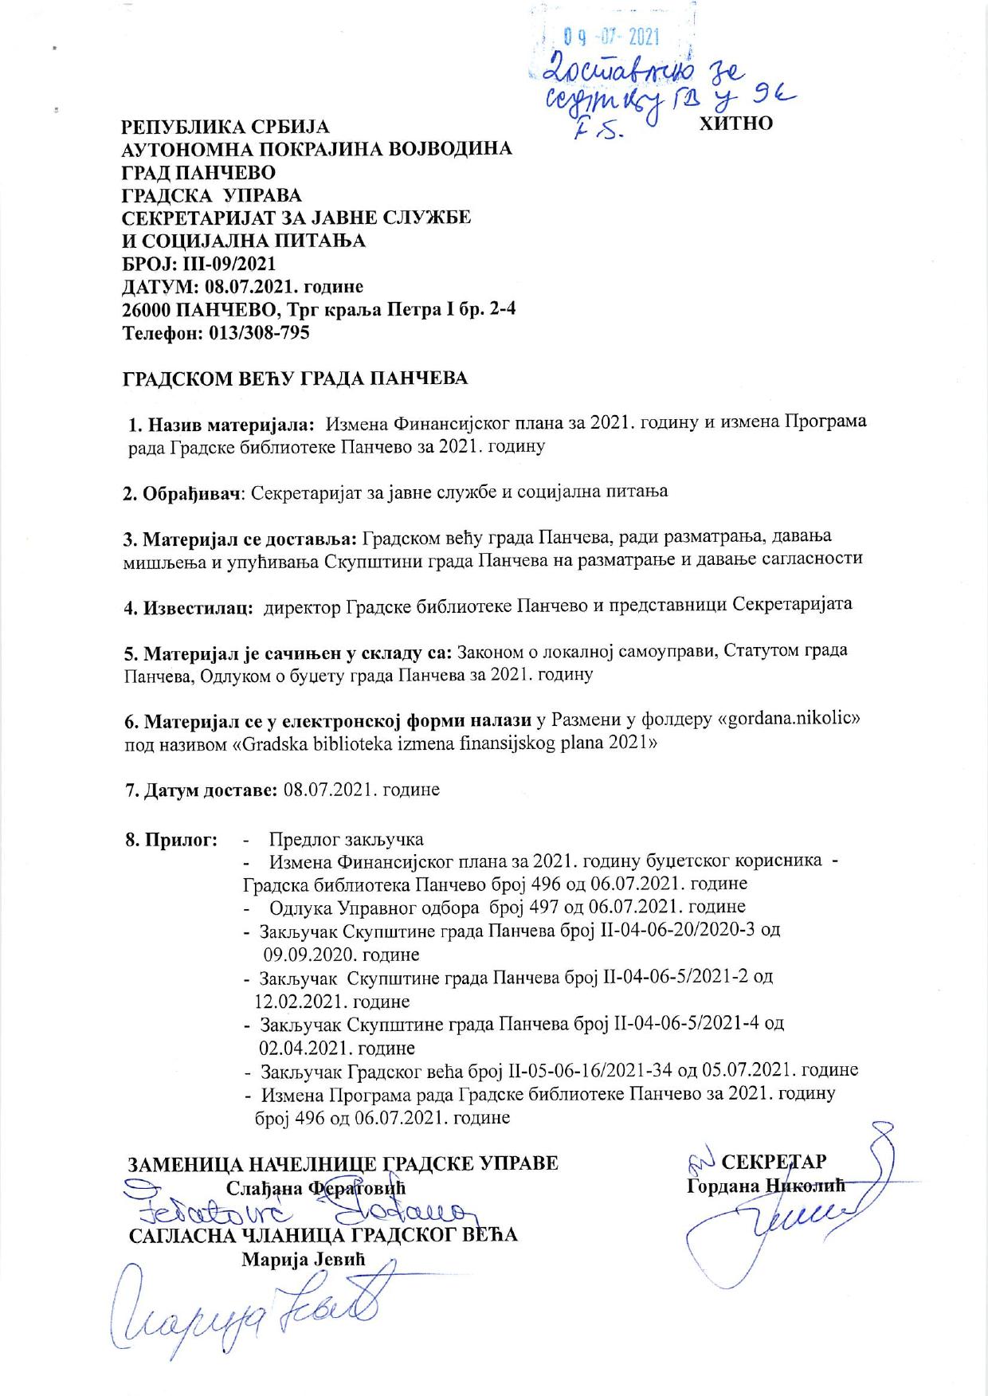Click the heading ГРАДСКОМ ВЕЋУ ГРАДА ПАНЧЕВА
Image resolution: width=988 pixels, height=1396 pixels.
pos(294,378)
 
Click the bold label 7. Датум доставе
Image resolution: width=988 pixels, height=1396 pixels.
pos(200,790)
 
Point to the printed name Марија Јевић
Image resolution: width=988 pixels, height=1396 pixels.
pos(302,1260)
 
